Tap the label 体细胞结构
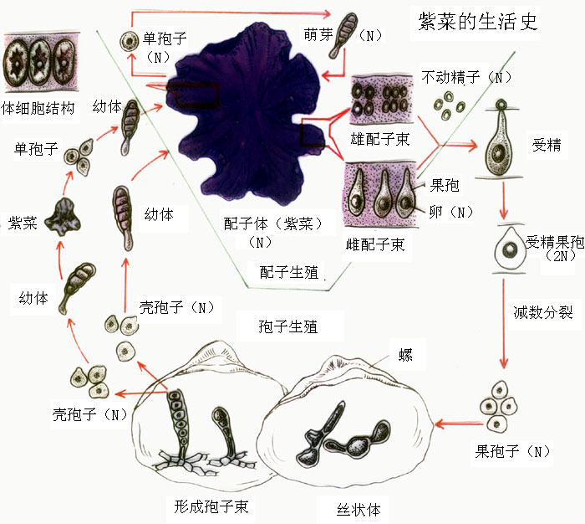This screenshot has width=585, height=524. tap(39, 108)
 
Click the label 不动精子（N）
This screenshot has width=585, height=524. tap(466, 78)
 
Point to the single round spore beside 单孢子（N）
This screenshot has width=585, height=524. tap(128, 39)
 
